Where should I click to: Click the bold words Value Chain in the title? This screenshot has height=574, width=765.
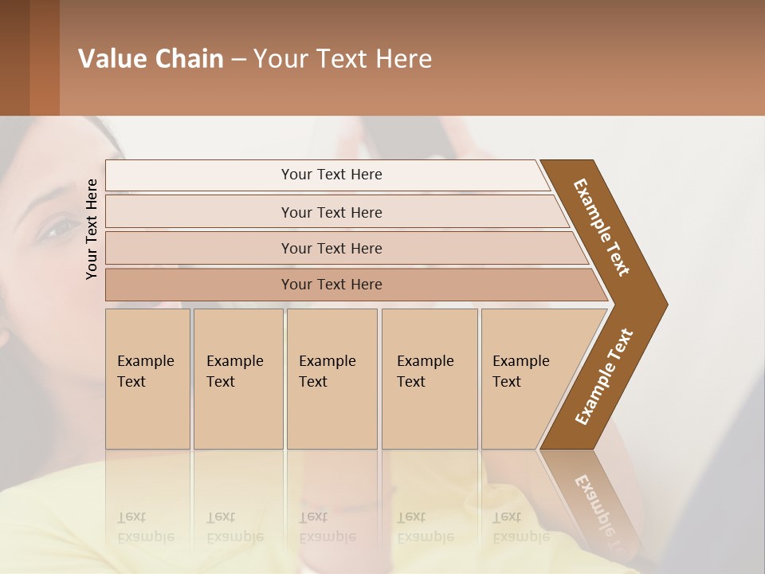pos(151,59)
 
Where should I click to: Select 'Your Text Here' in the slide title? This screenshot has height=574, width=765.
pos(343,59)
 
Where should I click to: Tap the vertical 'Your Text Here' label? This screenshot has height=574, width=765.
pos(92,229)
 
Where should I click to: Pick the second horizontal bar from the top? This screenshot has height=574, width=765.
pos(331,212)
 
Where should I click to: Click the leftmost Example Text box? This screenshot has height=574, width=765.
pos(147,379)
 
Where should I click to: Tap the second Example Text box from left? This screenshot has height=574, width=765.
pos(237,379)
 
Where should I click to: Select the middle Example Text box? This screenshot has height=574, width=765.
pos(331,379)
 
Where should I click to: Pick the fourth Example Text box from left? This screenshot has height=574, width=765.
pos(429,379)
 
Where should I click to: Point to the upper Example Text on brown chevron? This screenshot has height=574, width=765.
pos(602,227)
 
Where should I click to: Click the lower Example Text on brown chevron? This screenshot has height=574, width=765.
pos(603,377)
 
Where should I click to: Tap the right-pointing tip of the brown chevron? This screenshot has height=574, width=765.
pos(662,304)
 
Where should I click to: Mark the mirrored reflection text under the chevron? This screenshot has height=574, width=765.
pos(602,510)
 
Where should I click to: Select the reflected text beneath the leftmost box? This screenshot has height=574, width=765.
pos(145,527)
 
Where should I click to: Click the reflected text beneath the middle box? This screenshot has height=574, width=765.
pos(327,527)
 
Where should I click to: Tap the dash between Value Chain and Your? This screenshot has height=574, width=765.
pos(238,60)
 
